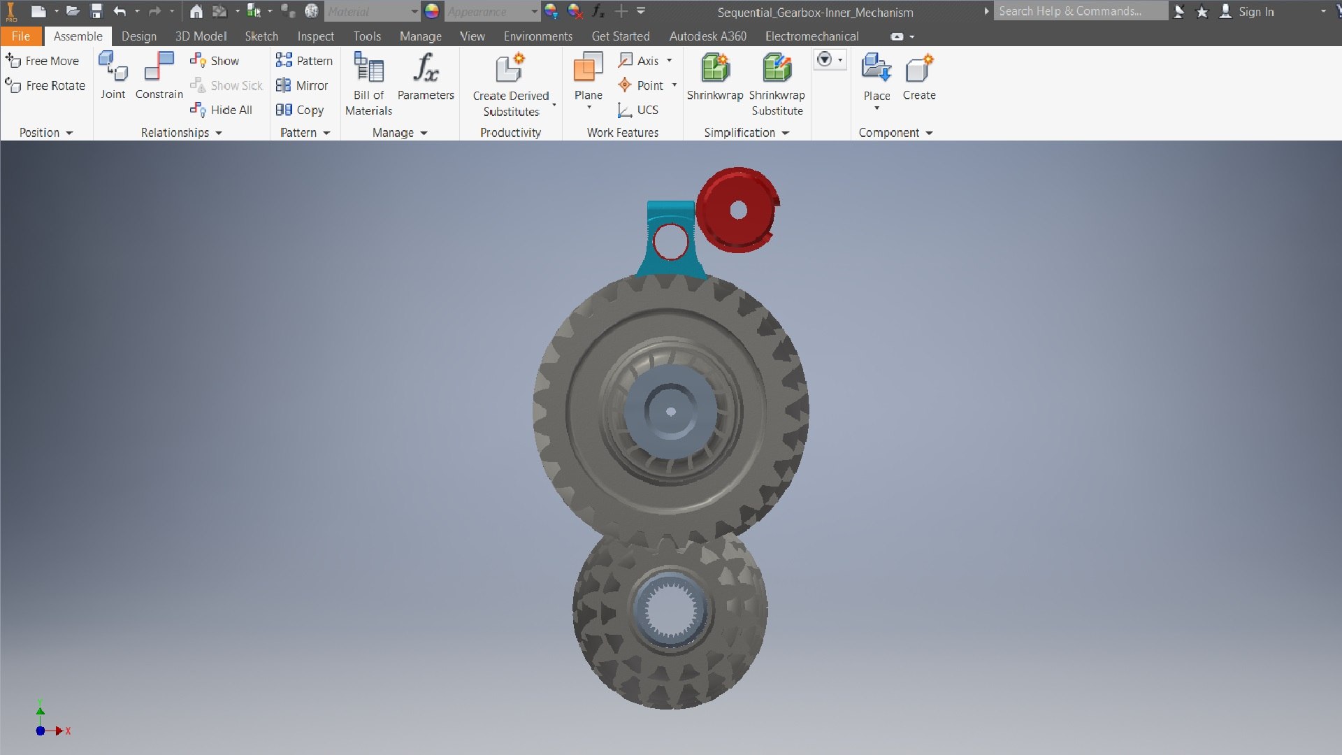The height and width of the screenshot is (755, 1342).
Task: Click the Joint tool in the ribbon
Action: (113, 75)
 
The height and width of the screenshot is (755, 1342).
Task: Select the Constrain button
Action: (159, 75)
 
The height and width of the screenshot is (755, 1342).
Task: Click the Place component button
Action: (876, 77)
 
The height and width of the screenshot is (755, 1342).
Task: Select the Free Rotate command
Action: (45, 85)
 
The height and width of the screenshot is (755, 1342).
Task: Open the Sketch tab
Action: (261, 36)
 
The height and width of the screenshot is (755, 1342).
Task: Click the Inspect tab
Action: (315, 36)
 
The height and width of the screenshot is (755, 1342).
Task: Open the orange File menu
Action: (21, 36)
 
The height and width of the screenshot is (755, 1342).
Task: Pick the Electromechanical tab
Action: (811, 36)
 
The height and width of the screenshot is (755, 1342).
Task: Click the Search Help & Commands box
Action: (1080, 11)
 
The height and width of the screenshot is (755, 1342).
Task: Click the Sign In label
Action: (1256, 12)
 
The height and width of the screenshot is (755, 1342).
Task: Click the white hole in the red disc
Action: (738, 210)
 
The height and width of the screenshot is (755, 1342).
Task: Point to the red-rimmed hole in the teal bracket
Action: (670, 241)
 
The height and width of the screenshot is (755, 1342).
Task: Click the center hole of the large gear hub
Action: (671, 412)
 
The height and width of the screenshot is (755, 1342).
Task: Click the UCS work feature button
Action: (638, 110)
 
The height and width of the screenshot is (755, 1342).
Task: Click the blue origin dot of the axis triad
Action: (41, 731)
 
